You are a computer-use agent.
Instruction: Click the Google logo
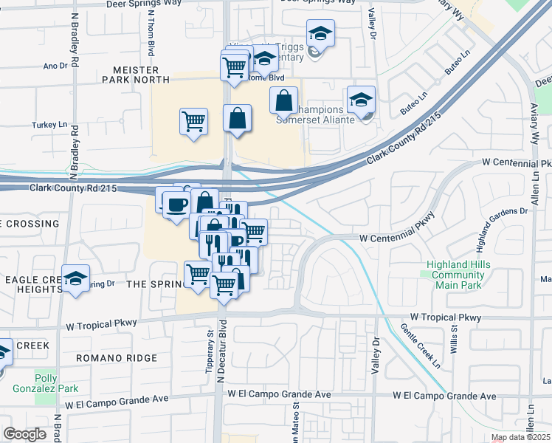(x=25, y=434)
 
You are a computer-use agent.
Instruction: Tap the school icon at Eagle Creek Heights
(x=75, y=279)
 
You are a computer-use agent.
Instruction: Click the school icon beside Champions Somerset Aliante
(x=361, y=100)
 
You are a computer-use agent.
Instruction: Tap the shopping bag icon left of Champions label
(x=283, y=101)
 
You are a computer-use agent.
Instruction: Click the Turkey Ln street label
(x=49, y=126)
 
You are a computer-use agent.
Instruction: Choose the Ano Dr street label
(x=55, y=66)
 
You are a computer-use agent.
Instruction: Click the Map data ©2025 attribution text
(x=521, y=438)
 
